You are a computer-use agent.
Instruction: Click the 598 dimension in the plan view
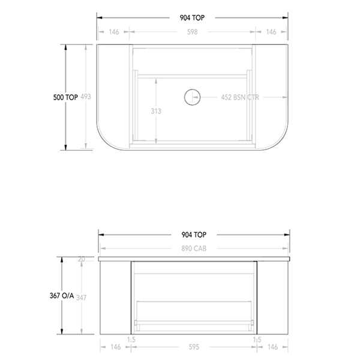pyautogui.click(x=193, y=32)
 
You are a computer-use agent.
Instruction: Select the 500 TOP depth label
pyautogui.click(x=65, y=97)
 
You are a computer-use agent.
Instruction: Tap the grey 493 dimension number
pyautogui.click(x=86, y=97)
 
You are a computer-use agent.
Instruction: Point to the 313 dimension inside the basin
pyautogui.click(x=156, y=111)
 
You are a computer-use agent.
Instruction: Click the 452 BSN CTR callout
pyautogui.click(x=240, y=97)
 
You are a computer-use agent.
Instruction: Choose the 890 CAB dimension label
pyautogui.click(x=193, y=248)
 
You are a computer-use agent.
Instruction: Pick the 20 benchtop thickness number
pyautogui.click(x=82, y=259)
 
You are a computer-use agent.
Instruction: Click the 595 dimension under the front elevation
pyautogui.click(x=193, y=347)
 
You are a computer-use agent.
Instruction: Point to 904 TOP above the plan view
pyautogui.click(x=193, y=18)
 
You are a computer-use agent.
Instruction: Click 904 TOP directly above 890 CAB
pyautogui.click(x=193, y=235)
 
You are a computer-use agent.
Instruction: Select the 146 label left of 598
pyautogui.click(x=113, y=32)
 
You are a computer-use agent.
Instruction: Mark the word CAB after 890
pyautogui.click(x=201, y=248)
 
